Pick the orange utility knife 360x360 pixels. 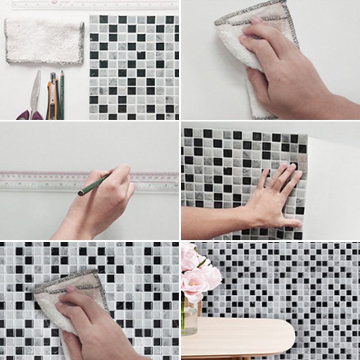[52, 97]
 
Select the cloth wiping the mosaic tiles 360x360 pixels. [67, 301]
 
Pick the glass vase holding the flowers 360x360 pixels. [189, 317]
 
